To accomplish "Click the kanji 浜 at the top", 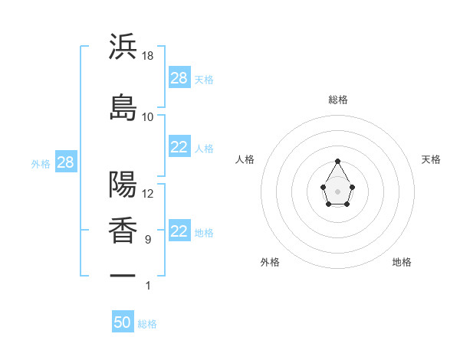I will [x=123, y=47].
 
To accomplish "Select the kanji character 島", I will [x=123, y=106].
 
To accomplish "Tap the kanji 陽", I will [x=123, y=184].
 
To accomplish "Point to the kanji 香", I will [x=123, y=231].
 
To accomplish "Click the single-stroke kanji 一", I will [x=123, y=274].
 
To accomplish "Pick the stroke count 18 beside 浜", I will [x=148, y=56].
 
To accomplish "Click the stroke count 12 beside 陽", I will [x=148, y=193].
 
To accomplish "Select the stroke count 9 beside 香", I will [x=147, y=240].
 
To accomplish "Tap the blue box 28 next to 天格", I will [x=179, y=77].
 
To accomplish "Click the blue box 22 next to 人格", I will [x=179, y=147].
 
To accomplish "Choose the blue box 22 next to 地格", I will [x=179, y=231].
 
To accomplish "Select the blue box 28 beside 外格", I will [x=65, y=162].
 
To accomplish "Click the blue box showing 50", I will [x=123, y=322].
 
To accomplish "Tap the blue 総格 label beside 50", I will [x=147, y=324].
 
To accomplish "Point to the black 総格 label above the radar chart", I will [x=337, y=100].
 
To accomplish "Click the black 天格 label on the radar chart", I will [x=431, y=159].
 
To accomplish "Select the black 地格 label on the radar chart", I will [x=402, y=262].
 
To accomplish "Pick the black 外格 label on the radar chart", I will [x=270, y=262].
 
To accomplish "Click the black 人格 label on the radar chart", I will [x=245, y=159].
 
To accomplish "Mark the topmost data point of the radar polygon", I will [x=337, y=161].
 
